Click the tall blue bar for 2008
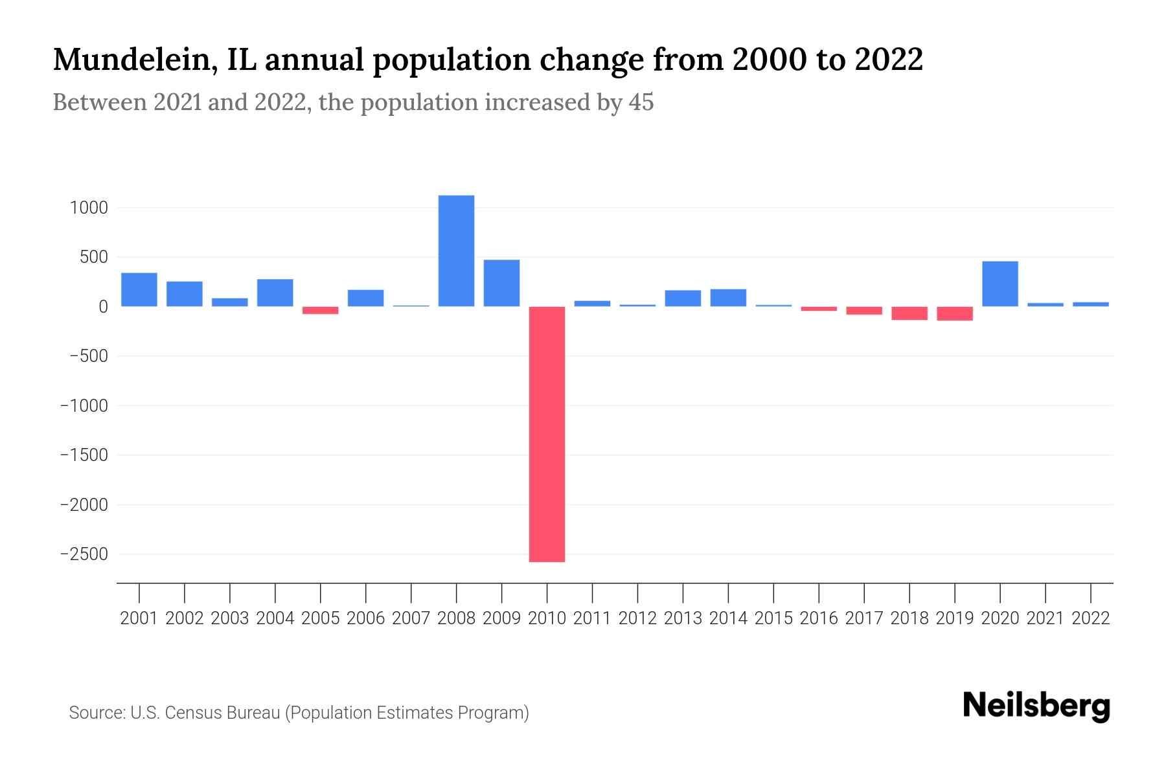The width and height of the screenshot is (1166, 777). (456, 251)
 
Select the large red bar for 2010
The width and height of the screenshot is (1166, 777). (547, 434)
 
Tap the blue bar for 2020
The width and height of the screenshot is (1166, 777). (1000, 284)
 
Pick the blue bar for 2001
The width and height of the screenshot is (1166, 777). (139, 289)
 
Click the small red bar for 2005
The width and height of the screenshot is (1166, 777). (321, 310)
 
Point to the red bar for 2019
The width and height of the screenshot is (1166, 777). (954, 313)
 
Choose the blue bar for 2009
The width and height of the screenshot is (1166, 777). (501, 283)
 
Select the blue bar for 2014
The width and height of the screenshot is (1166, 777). (728, 298)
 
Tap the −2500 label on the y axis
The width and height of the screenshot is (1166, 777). (84, 554)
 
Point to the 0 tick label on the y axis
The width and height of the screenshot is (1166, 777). (102, 307)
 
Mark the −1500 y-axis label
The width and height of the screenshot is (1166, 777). (84, 455)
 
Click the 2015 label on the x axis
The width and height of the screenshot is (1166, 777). (773, 618)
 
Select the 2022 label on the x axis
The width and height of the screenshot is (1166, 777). (1091, 618)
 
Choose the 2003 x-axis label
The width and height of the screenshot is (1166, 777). (230, 618)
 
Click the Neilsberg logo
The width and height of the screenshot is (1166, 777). (1036, 706)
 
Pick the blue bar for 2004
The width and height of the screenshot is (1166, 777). (275, 293)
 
